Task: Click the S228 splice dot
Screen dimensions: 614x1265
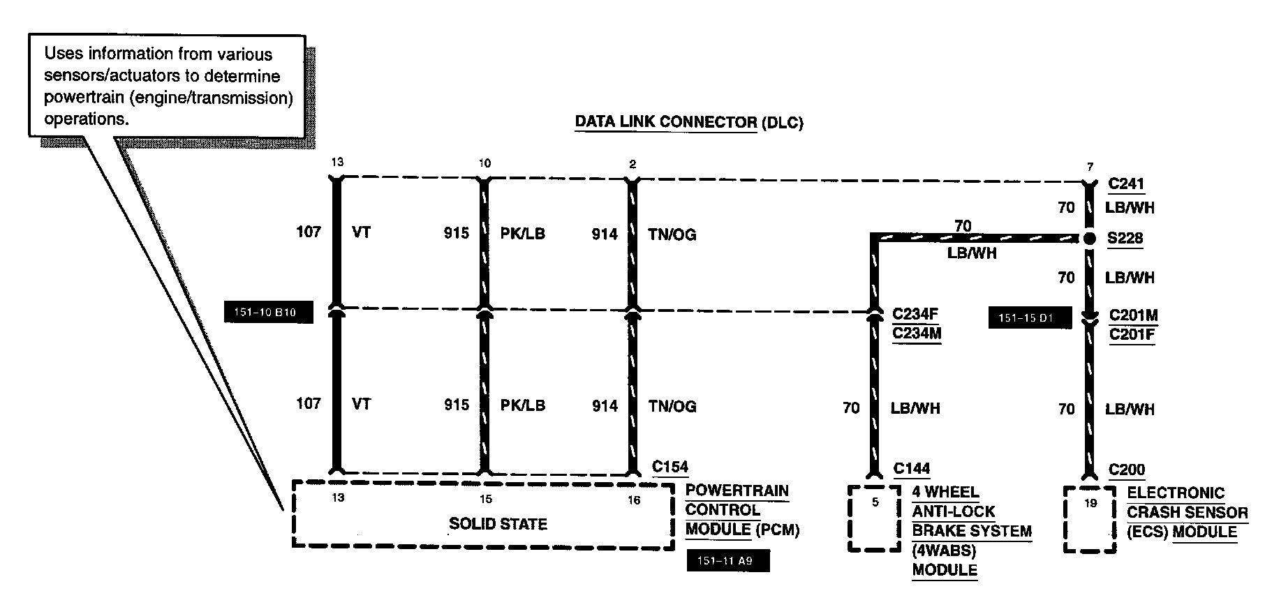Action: (x=1089, y=239)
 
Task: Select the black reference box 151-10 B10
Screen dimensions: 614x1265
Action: (x=268, y=313)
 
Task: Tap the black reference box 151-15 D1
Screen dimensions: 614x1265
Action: (x=1030, y=318)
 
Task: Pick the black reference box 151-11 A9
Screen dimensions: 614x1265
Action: (x=728, y=560)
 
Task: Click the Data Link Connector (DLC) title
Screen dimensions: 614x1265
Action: (x=688, y=123)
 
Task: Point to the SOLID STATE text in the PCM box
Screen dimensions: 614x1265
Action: (x=498, y=524)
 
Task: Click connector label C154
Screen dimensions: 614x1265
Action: (x=670, y=467)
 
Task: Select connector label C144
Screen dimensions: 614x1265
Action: (x=912, y=469)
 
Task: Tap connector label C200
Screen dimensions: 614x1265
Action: (x=1127, y=470)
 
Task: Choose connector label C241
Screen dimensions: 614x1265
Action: (x=1126, y=184)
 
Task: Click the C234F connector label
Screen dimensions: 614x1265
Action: (x=915, y=314)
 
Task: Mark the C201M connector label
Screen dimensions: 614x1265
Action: (x=1132, y=315)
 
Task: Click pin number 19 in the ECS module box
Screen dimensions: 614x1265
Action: (x=1090, y=503)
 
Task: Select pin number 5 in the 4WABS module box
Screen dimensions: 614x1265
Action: (x=875, y=502)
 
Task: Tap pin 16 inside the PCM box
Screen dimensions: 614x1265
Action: (x=633, y=500)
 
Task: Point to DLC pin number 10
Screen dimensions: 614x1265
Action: (x=484, y=163)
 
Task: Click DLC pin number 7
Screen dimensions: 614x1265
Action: (x=1090, y=167)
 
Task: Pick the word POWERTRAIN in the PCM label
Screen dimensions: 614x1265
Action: (x=737, y=491)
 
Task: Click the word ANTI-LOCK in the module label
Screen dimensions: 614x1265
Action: (x=953, y=511)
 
